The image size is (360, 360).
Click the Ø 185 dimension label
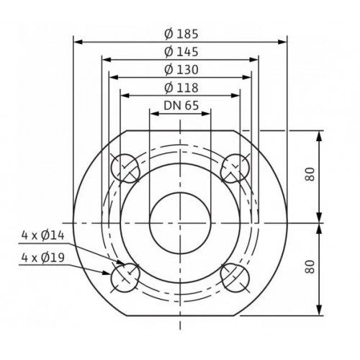pos(181,34)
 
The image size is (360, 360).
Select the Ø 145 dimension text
pos(181,52)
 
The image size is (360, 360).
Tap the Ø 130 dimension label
pos(181,70)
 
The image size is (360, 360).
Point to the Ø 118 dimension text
pos(181,88)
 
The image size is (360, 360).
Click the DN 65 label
pos(181,105)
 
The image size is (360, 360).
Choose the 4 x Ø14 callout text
pos(43,235)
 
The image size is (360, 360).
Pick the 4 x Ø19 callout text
pos(43,258)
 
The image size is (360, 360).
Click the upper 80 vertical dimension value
pos(310,174)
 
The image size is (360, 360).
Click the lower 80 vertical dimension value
pos(310,266)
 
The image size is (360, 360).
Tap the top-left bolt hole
pos(125,168)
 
